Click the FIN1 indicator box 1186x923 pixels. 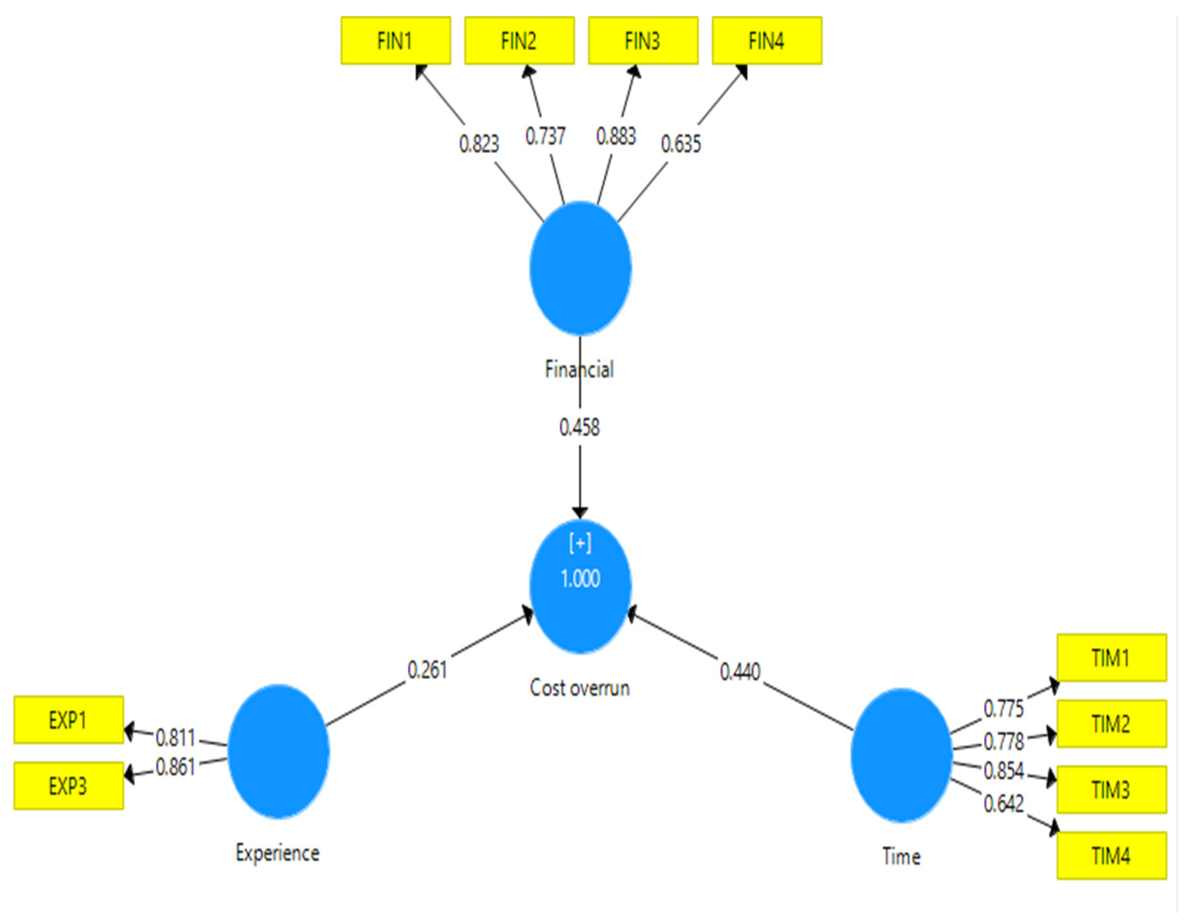[395, 41]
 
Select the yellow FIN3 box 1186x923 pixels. [643, 41]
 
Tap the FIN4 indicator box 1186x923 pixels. [767, 41]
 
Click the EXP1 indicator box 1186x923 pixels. [68, 720]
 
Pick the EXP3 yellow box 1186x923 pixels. [68, 786]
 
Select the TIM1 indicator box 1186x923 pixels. [1111, 658]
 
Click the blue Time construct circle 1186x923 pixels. [901, 755]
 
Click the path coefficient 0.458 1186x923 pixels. [579, 427]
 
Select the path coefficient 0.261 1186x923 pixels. [427, 670]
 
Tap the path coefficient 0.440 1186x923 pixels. [740, 672]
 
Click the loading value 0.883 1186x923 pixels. [616, 137]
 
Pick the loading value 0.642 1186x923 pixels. [1003, 803]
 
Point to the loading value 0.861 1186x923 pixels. [175, 767]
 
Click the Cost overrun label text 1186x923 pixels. [579, 688]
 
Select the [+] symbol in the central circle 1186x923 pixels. [580, 543]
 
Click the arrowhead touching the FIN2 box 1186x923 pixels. [528, 71]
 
